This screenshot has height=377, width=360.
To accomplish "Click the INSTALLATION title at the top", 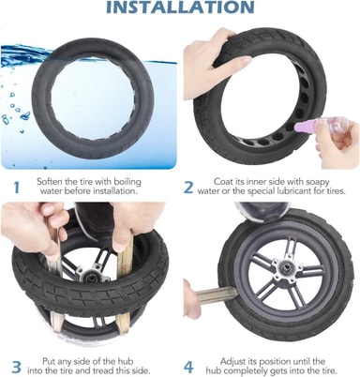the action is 180,7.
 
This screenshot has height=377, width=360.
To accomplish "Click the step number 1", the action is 17,188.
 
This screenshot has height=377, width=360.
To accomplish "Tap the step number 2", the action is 188,188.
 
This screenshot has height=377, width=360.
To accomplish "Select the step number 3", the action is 16,368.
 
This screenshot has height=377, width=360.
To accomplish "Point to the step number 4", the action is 188,368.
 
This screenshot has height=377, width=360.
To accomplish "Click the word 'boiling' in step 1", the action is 127,182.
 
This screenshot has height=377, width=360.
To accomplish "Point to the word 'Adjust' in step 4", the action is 233,362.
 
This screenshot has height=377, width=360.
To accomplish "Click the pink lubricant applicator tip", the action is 299,127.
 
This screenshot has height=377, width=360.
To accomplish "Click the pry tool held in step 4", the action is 215,296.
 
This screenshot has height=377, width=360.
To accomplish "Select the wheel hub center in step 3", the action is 91,274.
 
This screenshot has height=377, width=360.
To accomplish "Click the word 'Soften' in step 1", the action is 50,182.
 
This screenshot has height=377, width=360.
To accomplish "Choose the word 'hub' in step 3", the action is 126,362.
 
